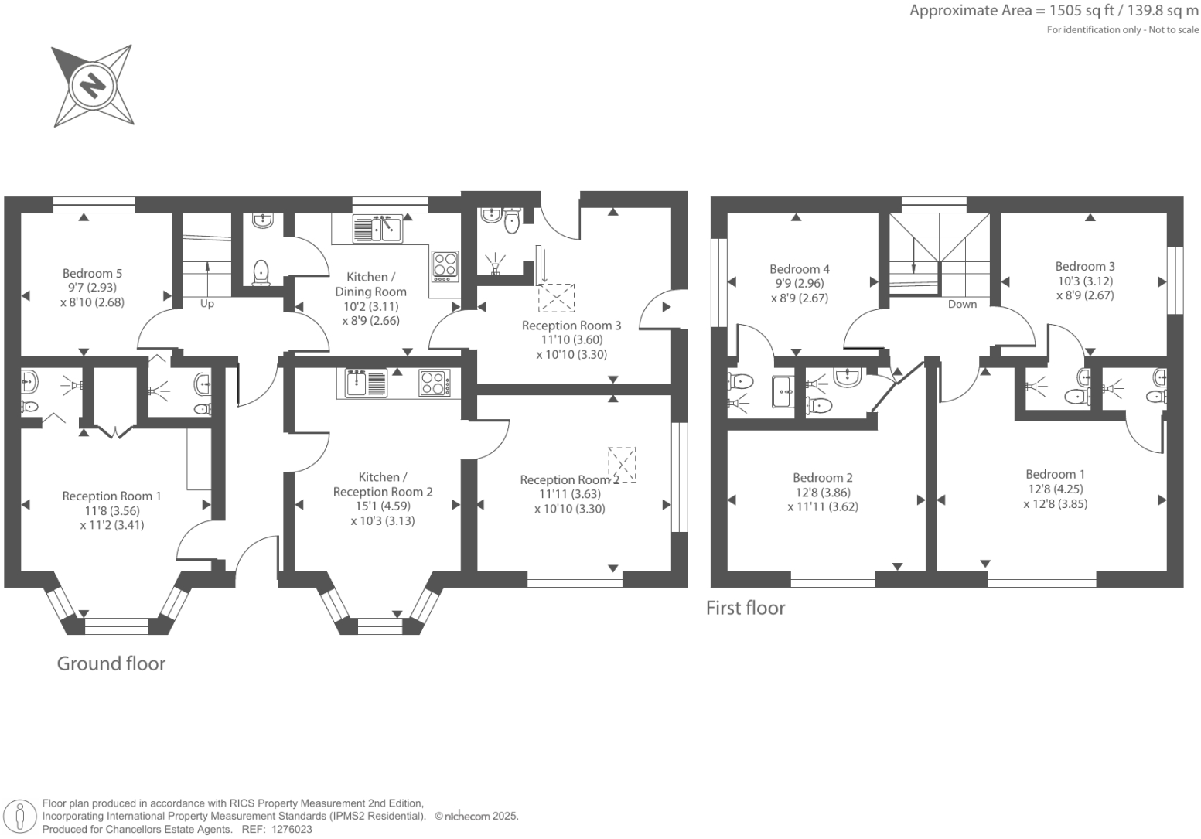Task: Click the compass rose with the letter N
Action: point(92,85)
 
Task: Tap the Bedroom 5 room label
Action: point(92,273)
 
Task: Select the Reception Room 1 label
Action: point(111,496)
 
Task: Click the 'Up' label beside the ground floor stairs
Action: point(207,304)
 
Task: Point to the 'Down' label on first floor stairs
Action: point(962,304)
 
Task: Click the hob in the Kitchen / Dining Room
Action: point(445,264)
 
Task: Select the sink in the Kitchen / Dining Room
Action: point(377,229)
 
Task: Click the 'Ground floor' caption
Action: point(111,663)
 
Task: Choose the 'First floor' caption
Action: point(745,609)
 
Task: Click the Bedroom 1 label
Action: point(1055,474)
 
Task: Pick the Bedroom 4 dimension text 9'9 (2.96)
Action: point(800,283)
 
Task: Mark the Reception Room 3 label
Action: point(571,326)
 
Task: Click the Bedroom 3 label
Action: point(1085,266)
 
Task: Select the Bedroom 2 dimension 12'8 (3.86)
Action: point(823,492)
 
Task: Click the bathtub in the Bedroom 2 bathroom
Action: point(783,392)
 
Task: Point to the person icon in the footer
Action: point(21,816)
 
